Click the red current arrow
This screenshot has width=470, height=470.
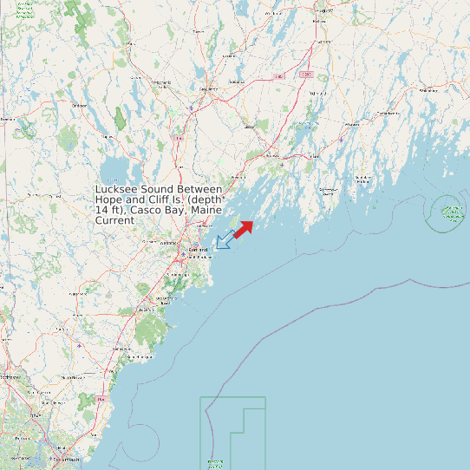(244, 228)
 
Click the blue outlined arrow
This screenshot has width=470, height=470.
(223, 240)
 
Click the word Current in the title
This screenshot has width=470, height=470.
(114, 221)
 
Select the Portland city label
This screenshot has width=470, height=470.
(198, 250)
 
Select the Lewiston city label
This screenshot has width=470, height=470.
(209, 88)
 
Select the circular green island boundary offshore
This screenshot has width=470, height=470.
(448, 210)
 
